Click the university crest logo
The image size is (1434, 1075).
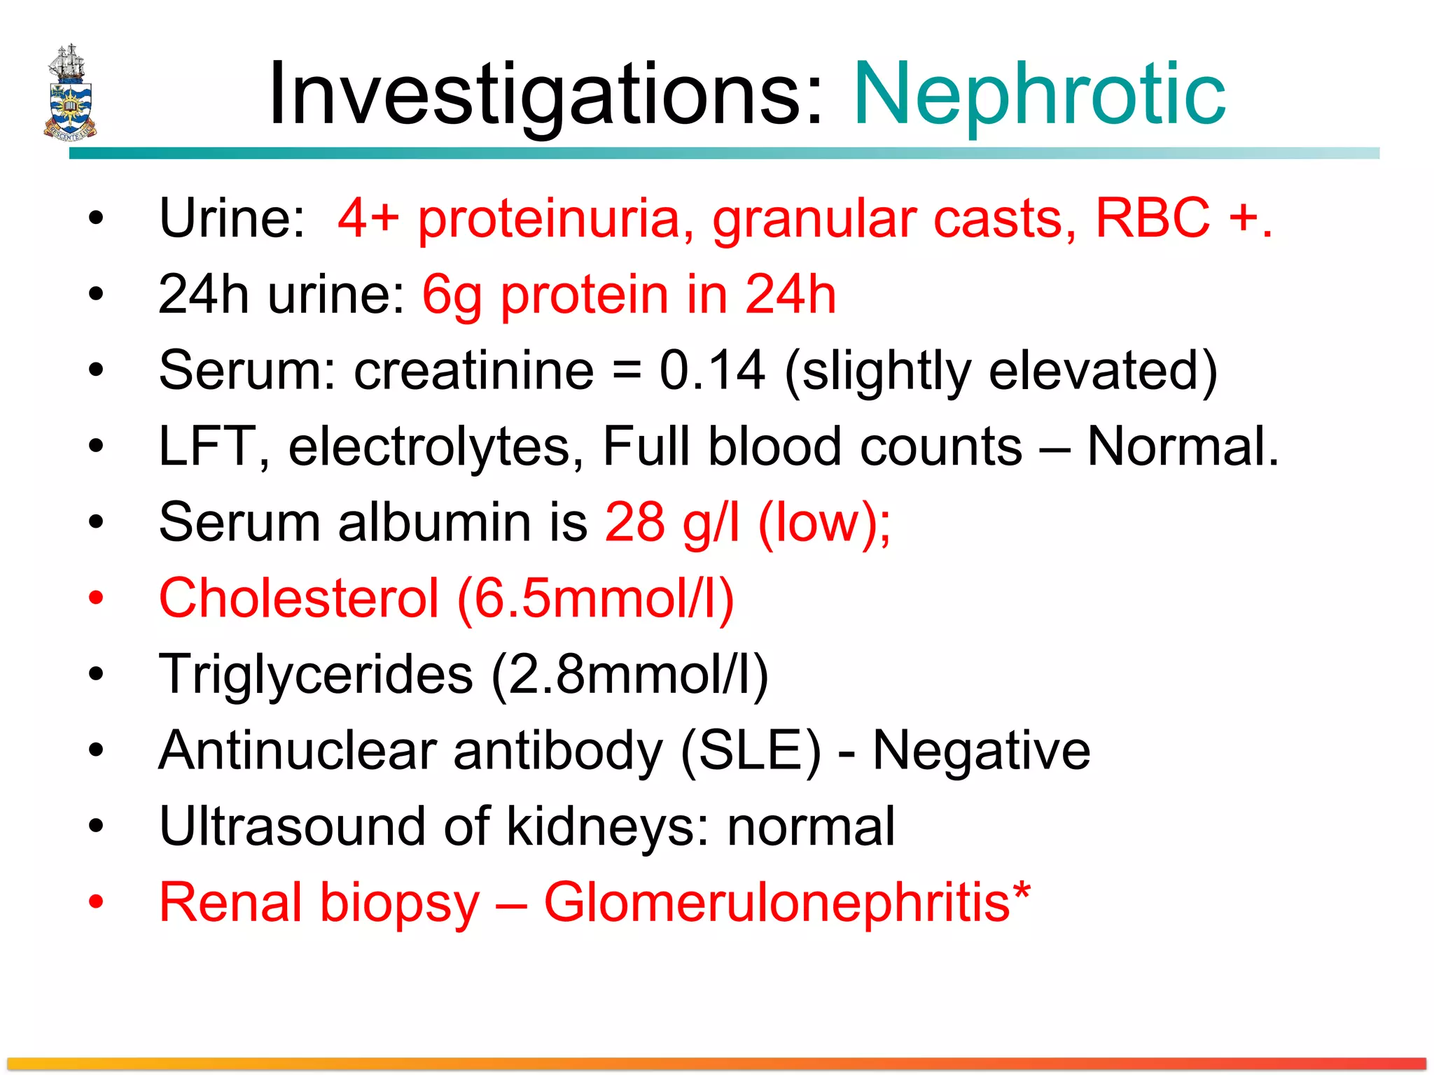point(69,92)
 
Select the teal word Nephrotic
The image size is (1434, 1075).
point(1039,94)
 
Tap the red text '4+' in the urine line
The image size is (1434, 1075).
point(368,218)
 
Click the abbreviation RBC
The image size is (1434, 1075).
point(1153,218)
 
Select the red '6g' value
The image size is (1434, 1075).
point(452,296)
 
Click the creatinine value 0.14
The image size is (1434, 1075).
point(712,370)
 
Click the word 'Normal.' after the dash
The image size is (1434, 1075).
point(1183,447)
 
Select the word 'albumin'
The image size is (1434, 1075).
point(435,522)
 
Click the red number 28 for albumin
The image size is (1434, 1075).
point(634,522)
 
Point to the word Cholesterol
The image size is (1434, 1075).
point(299,598)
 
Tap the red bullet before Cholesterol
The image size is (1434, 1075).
point(96,598)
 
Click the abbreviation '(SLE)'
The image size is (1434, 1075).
point(751,751)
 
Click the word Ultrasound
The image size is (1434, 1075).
point(292,827)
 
